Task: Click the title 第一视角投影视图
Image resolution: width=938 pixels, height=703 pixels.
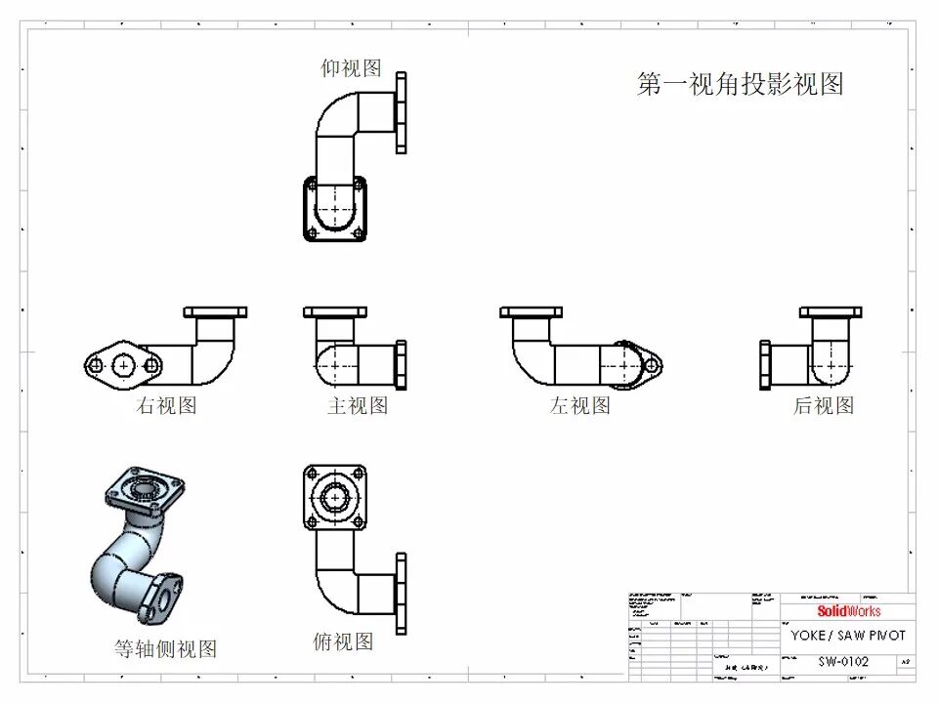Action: coord(740,84)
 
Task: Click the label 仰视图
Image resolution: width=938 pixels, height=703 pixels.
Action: coord(351,67)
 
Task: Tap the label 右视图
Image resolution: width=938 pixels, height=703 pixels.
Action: coord(166,405)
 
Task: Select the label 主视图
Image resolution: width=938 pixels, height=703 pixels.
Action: coord(358,405)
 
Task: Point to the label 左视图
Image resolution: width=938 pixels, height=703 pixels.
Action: coord(579,405)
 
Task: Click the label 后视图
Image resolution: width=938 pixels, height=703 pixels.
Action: coord(824,405)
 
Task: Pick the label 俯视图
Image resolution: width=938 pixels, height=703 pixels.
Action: coord(343,641)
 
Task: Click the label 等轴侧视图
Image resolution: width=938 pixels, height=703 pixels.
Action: coord(165,648)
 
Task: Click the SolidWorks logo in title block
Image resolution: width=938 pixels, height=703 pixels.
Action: coord(848,611)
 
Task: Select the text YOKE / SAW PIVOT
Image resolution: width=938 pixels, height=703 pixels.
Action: coord(848,635)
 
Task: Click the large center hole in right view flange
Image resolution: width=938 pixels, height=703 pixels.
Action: coord(123,365)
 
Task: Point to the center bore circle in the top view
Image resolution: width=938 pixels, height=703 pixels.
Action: coord(335,497)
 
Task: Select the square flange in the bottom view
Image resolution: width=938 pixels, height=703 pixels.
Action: coord(334,208)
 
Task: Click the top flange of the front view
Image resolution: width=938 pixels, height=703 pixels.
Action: coord(335,312)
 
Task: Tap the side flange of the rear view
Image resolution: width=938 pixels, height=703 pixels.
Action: coord(766,364)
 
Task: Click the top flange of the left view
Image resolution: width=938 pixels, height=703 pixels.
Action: coord(532,312)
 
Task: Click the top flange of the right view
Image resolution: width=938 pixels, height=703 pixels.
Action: coord(215,312)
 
